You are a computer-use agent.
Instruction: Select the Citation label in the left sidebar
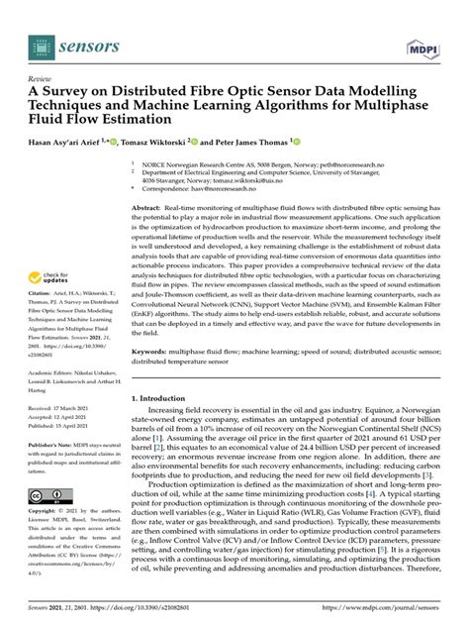point(41,293)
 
